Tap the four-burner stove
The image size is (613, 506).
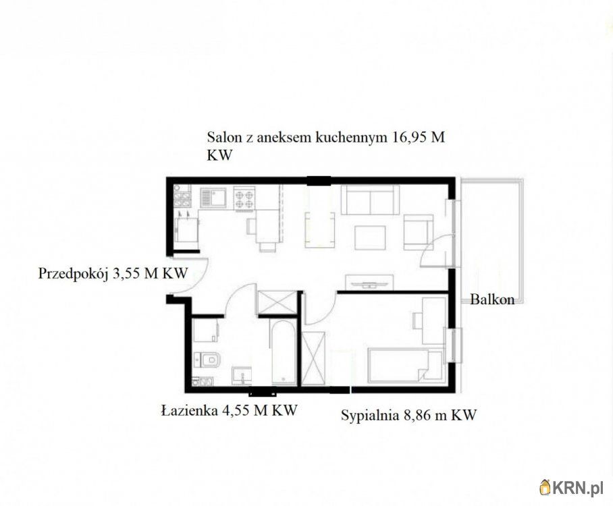pyautogui.click(x=245, y=198)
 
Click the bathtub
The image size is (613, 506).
pyautogui.click(x=283, y=353)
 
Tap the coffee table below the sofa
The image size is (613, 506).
pyautogui.click(x=370, y=237)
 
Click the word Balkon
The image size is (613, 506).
pyautogui.click(x=492, y=300)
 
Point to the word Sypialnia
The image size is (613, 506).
pyautogui.click(x=369, y=415)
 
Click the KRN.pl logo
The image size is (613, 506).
pyautogui.click(x=572, y=488)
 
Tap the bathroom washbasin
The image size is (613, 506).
pyautogui.click(x=242, y=376)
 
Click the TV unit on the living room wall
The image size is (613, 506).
pyautogui.click(x=369, y=283)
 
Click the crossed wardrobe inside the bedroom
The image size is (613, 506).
pyautogui.click(x=313, y=359)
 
